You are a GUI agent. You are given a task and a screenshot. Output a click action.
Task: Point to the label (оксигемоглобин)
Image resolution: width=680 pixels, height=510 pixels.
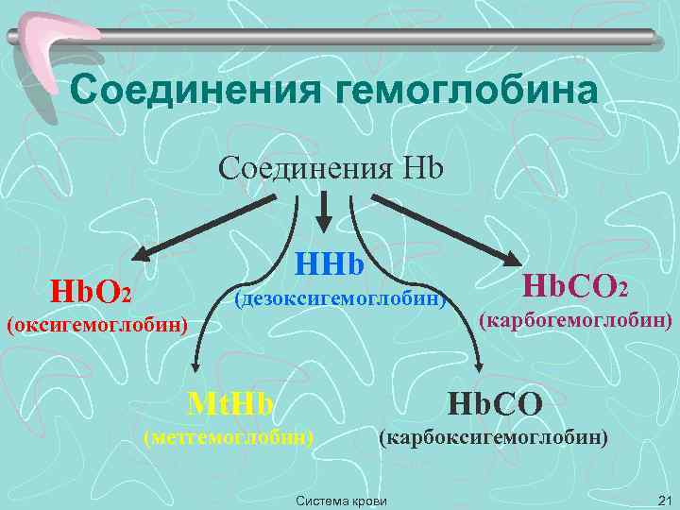click(x=98, y=326)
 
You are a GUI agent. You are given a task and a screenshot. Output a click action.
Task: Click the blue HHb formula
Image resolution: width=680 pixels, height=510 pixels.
click(x=331, y=263)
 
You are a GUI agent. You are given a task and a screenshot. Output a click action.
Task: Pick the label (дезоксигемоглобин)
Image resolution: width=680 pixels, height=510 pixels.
click(x=340, y=299)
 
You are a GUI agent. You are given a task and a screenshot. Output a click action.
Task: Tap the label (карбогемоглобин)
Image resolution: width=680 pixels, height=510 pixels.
click(x=576, y=321)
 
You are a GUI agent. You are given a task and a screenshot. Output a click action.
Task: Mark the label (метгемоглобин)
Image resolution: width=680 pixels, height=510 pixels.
click(x=228, y=437)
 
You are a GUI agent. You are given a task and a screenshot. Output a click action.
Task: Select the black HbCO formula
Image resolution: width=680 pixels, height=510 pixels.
click(x=495, y=404)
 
